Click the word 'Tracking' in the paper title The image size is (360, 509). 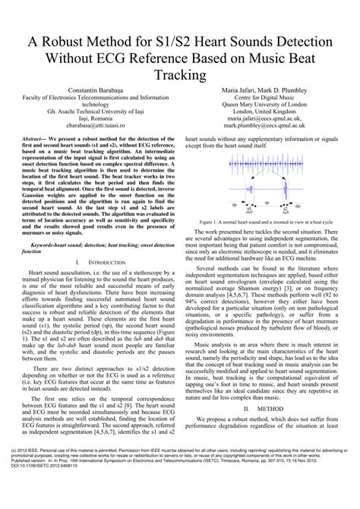click(x=180, y=75)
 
